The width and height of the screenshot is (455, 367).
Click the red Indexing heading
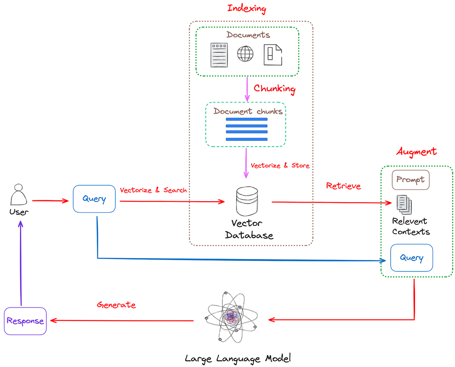[x=247, y=8]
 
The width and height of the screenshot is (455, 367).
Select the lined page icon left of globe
[x=219, y=55]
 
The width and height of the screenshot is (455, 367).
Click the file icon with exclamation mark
[x=273, y=55]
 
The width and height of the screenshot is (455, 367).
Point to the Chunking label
[x=274, y=88]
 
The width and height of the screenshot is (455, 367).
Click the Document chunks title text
[x=248, y=111]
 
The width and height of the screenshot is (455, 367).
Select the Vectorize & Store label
[x=280, y=165]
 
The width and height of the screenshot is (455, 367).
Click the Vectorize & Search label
[x=153, y=190]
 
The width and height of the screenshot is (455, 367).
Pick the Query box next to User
[x=94, y=199]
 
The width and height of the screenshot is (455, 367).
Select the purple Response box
[x=25, y=321]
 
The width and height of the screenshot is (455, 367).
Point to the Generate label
[x=116, y=305]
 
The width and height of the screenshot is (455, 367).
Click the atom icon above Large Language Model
[x=232, y=317]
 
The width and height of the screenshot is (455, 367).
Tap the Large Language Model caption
[x=238, y=358]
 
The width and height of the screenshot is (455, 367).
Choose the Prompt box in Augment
[x=410, y=179]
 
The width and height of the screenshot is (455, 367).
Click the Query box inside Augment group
[x=411, y=258]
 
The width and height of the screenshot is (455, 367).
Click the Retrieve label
[x=344, y=186]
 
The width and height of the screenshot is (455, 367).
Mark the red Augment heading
[x=416, y=152]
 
